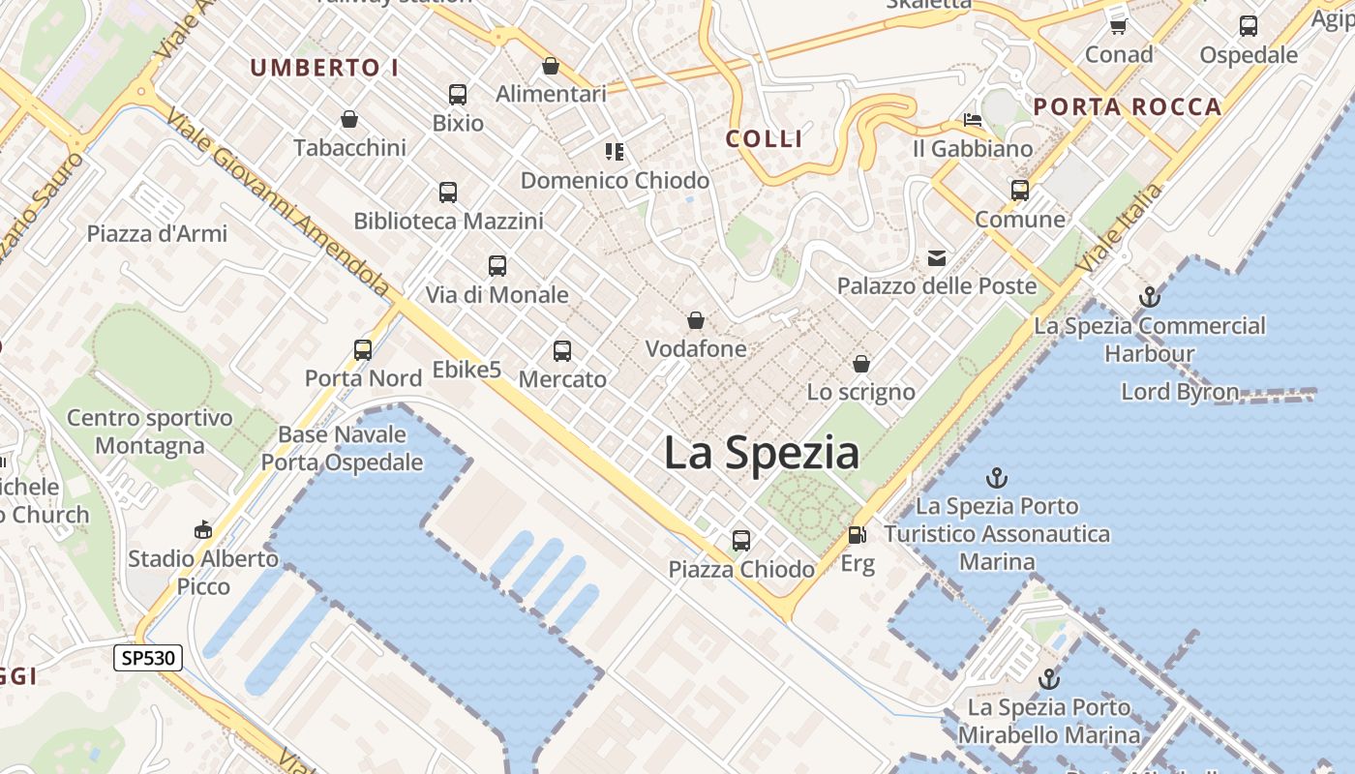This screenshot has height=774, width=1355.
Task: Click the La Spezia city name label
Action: pyautogui.click(x=762, y=453)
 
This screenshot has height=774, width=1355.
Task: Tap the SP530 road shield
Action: pyautogui.click(x=148, y=659)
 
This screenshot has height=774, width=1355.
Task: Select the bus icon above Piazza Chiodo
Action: pyautogui.click(x=741, y=541)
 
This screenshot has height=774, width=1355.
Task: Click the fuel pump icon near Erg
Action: pyautogui.click(x=857, y=535)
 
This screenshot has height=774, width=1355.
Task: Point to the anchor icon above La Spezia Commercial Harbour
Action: pyautogui.click(x=1150, y=297)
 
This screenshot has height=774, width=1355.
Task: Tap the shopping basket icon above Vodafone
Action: pyautogui.click(x=695, y=320)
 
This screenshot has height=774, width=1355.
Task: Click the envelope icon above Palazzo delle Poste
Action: pyautogui.click(x=937, y=258)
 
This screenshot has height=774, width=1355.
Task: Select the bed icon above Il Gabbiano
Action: pyautogui.click(x=973, y=121)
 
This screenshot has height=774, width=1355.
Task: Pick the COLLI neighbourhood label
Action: pyautogui.click(x=765, y=139)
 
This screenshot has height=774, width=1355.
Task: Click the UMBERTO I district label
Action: pyautogui.click(x=325, y=68)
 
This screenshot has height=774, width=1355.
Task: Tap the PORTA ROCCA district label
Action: pyautogui.click(x=1128, y=107)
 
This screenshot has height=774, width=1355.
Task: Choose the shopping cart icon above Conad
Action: pyautogui.click(x=1119, y=26)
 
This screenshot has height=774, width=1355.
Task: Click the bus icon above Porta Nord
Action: pyautogui.click(x=363, y=350)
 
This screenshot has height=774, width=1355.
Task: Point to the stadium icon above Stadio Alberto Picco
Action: pyautogui.click(x=203, y=530)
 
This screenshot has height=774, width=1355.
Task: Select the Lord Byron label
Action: pyautogui.click(x=1180, y=392)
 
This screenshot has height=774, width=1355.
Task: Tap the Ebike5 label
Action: pyautogui.click(x=467, y=370)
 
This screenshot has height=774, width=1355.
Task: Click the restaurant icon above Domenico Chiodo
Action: pyautogui.click(x=615, y=152)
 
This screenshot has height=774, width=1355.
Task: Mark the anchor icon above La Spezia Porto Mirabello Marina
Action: pyautogui.click(x=1049, y=679)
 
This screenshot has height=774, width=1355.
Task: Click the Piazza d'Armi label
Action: pyautogui.click(x=157, y=234)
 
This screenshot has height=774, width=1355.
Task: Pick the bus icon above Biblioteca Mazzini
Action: pyautogui.click(x=448, y=193)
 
